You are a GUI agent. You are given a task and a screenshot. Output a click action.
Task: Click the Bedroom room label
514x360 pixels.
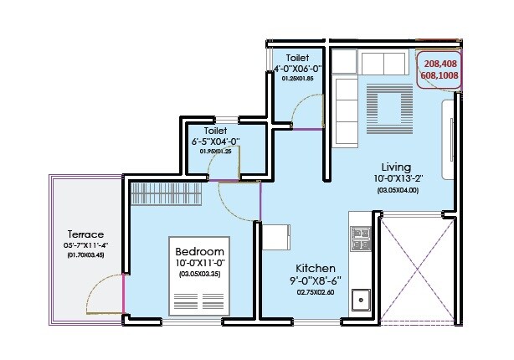[x=200, y=252]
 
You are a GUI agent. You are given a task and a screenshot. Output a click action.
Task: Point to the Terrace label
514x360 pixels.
[x=86, y=234]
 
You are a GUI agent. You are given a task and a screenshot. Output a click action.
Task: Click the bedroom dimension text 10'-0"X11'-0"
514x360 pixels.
[x=200, y=263]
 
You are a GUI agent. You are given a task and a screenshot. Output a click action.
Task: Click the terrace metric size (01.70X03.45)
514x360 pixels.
[x=86, y=255]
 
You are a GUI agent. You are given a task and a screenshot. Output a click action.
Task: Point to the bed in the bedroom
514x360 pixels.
[x=201, y=296]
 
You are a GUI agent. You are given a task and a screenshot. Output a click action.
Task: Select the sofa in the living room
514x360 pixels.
[x=344, y=109]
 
